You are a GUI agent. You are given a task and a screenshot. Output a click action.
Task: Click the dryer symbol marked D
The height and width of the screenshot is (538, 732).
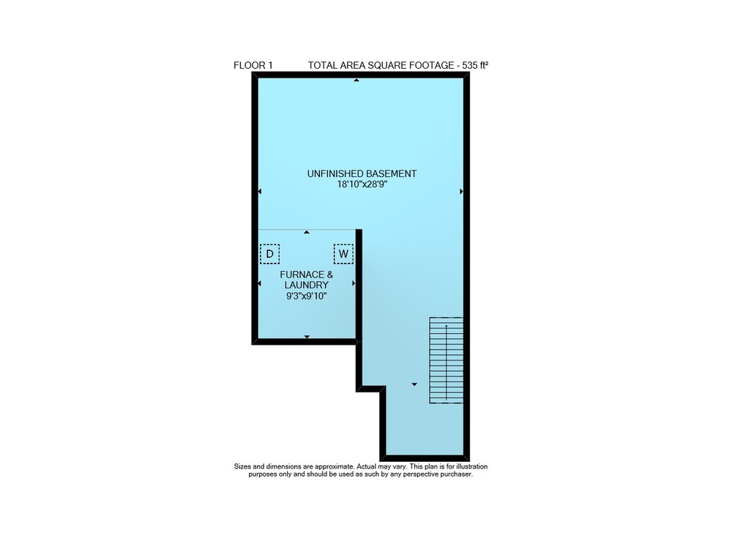269,254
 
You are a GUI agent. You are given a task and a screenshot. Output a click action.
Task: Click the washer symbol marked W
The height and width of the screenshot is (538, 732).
343,254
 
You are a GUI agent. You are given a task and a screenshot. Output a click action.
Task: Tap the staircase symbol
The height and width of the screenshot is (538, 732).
447,360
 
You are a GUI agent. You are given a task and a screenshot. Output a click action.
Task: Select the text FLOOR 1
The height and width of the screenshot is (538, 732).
253,65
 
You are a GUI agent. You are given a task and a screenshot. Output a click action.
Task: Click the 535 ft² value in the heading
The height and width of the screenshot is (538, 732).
475,65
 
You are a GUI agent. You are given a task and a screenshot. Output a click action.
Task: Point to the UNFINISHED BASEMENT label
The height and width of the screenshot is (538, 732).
362,173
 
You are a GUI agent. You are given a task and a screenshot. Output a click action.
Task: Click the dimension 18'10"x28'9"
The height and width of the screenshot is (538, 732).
362,184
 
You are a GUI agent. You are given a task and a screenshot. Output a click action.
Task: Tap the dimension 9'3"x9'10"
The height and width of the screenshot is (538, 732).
306,296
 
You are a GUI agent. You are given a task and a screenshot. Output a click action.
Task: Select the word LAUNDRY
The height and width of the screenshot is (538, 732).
306,285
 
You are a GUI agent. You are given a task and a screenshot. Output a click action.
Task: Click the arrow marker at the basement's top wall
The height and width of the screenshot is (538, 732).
356,81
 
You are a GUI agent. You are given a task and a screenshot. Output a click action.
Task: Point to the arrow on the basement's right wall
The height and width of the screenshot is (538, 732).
461,192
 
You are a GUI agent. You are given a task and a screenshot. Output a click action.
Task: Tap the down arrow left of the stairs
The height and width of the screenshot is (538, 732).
414,384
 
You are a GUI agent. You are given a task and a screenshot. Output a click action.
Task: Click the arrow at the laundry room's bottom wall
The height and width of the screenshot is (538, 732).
307,337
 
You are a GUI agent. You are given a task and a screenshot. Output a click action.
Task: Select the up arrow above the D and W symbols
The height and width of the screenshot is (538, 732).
307,231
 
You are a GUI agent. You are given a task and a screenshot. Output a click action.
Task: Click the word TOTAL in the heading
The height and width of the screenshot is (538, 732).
323,65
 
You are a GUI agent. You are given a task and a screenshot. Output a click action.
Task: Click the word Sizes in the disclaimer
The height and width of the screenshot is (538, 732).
242,466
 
